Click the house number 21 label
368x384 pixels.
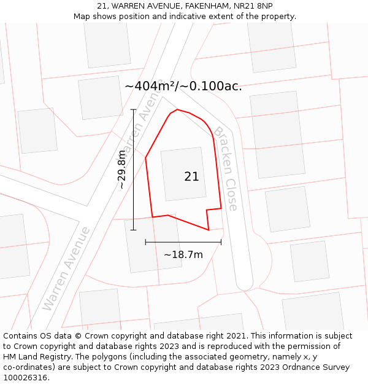point(191,176)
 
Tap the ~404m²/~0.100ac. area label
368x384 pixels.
point(183,86)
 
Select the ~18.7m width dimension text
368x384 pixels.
point(183,254)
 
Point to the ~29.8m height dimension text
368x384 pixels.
point(122,169)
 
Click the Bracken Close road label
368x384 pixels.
point(225,168)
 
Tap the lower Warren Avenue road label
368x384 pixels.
point(66,268)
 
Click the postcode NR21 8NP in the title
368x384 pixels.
point(252,6)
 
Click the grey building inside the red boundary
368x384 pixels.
point(183,174)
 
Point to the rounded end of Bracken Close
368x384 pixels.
point(245,282)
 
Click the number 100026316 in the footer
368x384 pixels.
point(26,378)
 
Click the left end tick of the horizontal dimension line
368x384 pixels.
point(145,242)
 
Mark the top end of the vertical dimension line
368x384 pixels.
point(134,109)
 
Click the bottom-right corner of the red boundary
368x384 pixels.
point(209,230)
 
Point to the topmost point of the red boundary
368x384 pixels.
point(177,109)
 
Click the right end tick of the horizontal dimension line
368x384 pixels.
point(221,242)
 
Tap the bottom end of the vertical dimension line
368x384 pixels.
point(134,230)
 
